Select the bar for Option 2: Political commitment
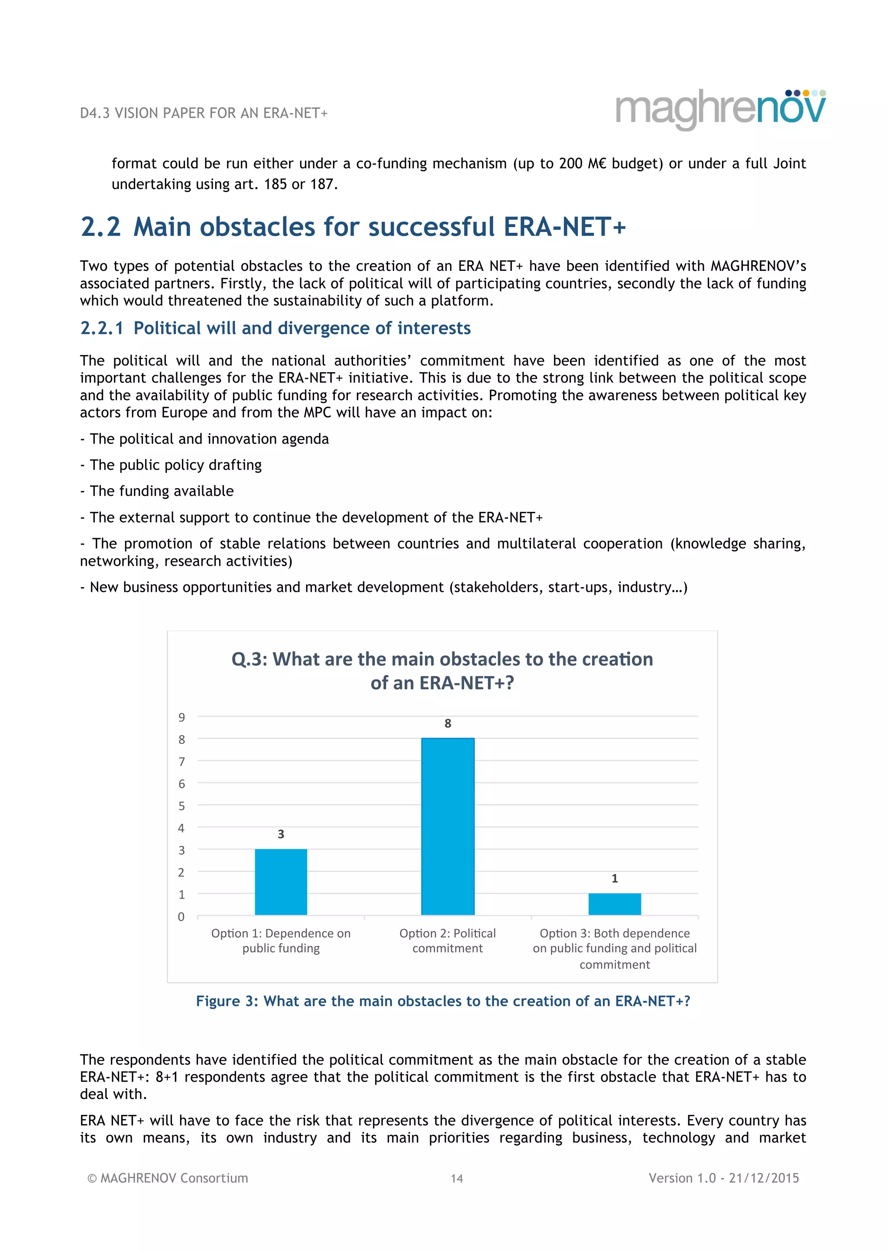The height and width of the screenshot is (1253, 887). tap(447, 826)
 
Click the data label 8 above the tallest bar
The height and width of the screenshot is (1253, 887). tap(447, 724)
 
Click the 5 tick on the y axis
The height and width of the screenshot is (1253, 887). tap(181, 806)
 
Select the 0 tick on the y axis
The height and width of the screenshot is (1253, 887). tap(181, 917)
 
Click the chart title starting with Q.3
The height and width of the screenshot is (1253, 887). tap(442, 671)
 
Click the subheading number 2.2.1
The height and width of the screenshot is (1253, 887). tap(102, 328)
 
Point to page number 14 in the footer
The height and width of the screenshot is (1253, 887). tap(456, 1179)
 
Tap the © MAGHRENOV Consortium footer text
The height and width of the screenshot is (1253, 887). tap(168, 1178)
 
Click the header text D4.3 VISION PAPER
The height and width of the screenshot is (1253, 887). tap(203, 113)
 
